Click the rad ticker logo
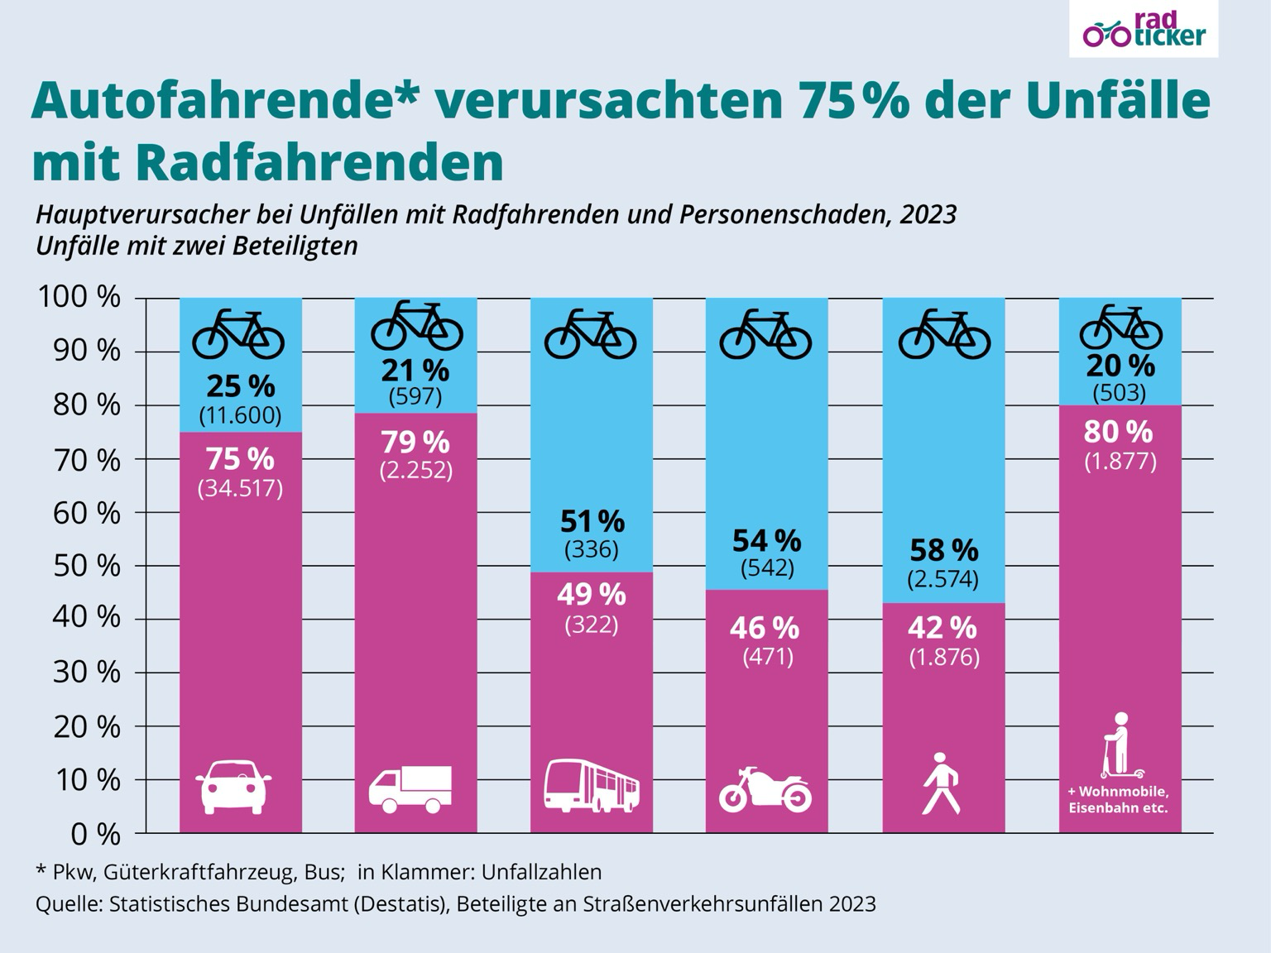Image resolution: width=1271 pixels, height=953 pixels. pyautogui.click(x=1144, y=31)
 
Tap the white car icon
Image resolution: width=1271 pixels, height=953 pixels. pyautogui.click(x=234, y=785)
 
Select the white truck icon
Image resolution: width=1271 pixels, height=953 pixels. pyautogui.click(x=410, y=788)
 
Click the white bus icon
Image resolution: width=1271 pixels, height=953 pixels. pyautogui.click(x=591, y=784)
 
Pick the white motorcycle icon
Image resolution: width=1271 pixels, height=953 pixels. pyautogui.click(x=765, y=789)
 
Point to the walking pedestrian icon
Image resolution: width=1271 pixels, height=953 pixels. pyautogui.click(x=941, y=783)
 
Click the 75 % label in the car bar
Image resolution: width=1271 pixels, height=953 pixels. pyautogui.click(x=240, y=459)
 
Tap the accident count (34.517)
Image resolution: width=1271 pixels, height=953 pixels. pyautogui.click(x=240, y=489)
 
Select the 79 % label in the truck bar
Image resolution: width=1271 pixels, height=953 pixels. pyautogui.click(x=415, y=442)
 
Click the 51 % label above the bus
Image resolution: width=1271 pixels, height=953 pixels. pyautogui.click(x=592, y=521)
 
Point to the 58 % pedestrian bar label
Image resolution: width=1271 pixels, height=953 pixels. pyautogui.click(x=943, y=550)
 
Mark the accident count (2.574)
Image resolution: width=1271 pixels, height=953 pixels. pyautogui.click(x=943, y=579)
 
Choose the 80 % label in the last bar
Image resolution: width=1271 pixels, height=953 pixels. pyautogui.click(x=1119, y=432)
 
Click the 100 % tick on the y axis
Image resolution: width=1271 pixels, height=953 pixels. pyautogui.click(x=79, y=297)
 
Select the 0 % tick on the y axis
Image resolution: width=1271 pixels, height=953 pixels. pyautogui.click(x=95, y=834)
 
